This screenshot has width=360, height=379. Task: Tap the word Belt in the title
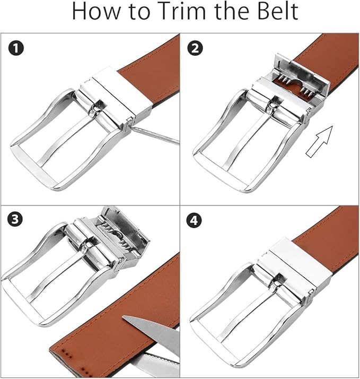[275, 11]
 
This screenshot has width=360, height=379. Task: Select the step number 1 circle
[16, 48]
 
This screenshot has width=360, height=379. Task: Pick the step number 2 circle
[195, 48]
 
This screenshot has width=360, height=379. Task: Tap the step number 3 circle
[15, 219]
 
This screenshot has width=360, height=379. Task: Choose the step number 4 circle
[194, 220]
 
